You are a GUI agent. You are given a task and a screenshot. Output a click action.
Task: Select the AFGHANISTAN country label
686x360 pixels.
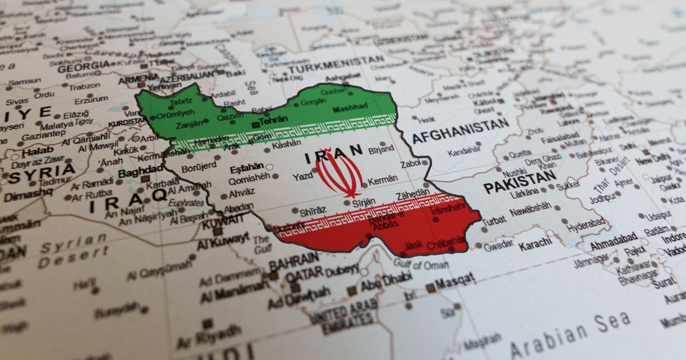(x=460, y=132)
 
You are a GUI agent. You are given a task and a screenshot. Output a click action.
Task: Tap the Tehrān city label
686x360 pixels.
(x=273, y=121)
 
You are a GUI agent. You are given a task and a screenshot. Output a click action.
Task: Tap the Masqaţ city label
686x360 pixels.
(x=454, y=281)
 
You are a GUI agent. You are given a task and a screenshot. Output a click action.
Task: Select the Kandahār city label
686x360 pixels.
(x=464, y=152)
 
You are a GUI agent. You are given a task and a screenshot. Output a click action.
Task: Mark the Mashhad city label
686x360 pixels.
(x=350, y=108)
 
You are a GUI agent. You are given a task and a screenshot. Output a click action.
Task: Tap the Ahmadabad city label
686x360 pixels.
(x=613, y=237)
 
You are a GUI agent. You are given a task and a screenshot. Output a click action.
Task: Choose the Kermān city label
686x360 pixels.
(x=382, y=179)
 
